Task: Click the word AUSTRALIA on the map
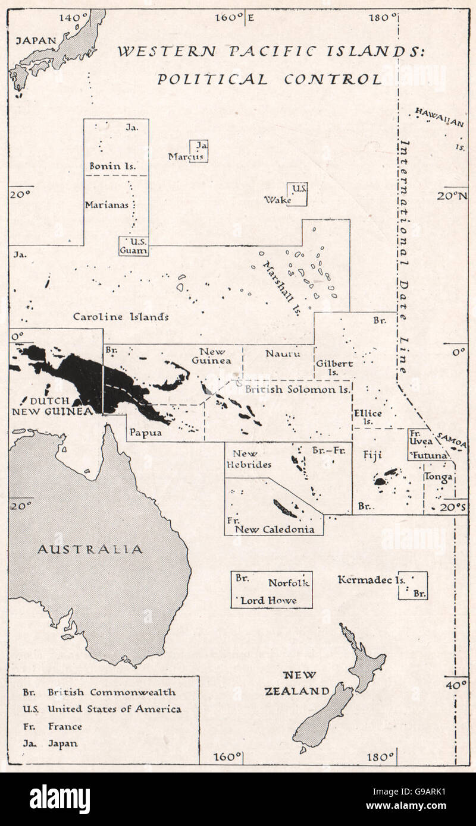(90, 549)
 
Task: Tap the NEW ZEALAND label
(306, 683)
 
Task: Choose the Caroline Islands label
(121, 317)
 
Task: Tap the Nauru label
(278, 354)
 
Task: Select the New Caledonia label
(274, 529)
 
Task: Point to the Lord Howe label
(268, 600)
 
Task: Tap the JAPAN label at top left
(36, 40)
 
